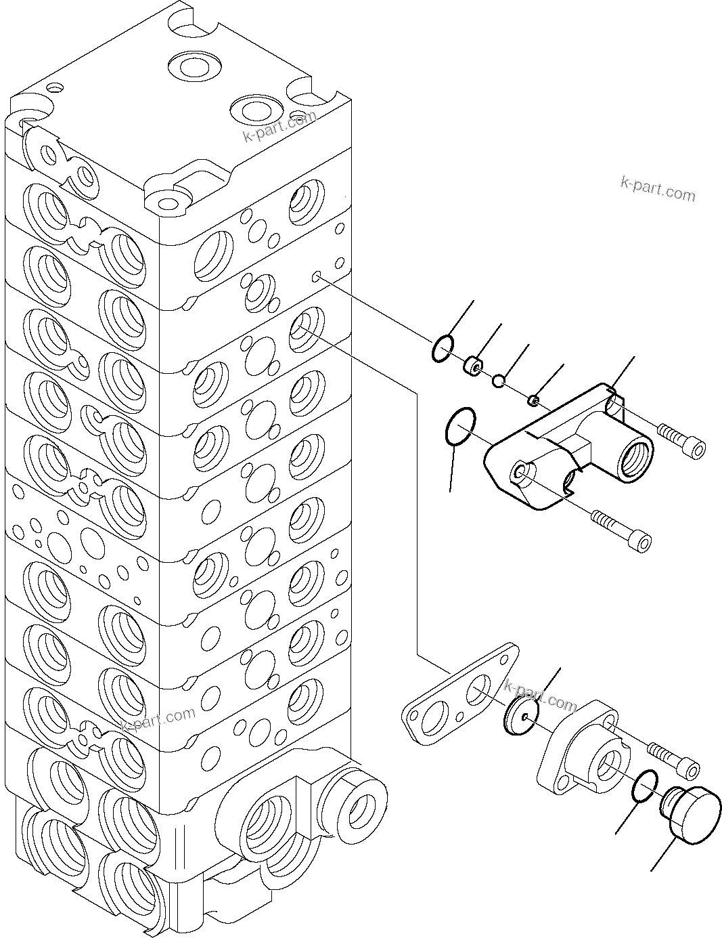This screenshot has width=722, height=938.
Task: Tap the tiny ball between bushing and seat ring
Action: (499, 382)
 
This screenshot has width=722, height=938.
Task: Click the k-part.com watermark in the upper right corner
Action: (657, 189)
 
